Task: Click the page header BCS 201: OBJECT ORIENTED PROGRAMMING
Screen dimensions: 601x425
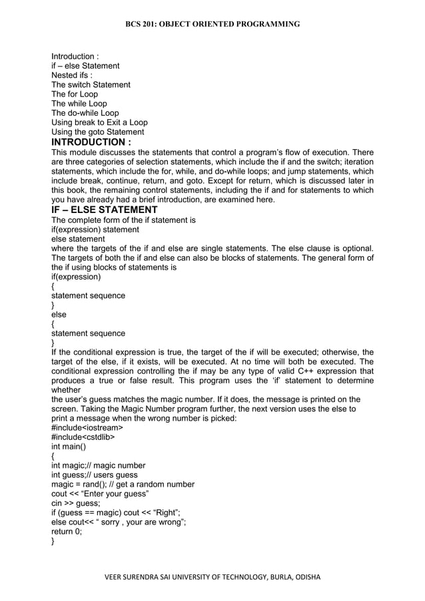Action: pyautogui.click(x=212, y=25)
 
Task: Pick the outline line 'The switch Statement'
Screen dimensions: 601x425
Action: pyautogui.click(x=91, y=85)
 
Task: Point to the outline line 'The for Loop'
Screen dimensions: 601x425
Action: pyautogui.click(x=75, y=95)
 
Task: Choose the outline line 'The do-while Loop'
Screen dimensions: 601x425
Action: pyautogui.click(x=85, y=113)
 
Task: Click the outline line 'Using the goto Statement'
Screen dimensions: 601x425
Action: pyautogui.click(x=97, y=132)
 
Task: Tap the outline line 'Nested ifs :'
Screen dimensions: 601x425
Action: pyautogui.click(x=71, y=75)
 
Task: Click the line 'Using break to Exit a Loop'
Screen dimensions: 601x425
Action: pyautogui.click(x=99, y=122)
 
